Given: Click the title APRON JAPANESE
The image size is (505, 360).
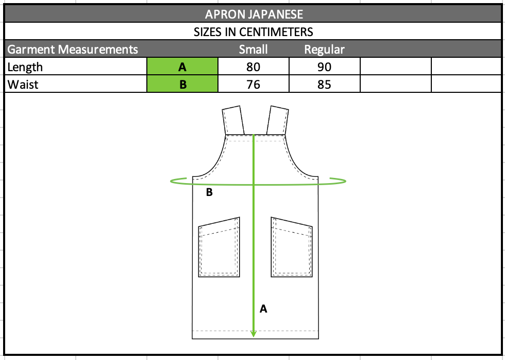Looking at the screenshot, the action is tap(254, 14).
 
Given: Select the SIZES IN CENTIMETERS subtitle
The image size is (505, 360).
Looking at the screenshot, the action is tap(253, 32).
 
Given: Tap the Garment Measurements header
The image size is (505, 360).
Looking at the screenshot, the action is tap(73, 50).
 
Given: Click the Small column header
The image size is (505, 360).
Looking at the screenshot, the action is tap(253, 50).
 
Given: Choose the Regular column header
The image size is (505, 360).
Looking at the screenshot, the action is tap(324, 50).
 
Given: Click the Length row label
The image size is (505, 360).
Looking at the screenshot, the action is tap(25, 67).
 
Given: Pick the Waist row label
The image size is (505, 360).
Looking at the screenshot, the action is tap(23, 85).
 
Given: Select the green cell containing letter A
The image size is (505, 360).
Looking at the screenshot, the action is tap(182, 67).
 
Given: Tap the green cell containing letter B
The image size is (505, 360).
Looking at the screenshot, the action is tap(182, 84).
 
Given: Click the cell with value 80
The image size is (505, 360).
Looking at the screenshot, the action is tap(254, 67).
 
